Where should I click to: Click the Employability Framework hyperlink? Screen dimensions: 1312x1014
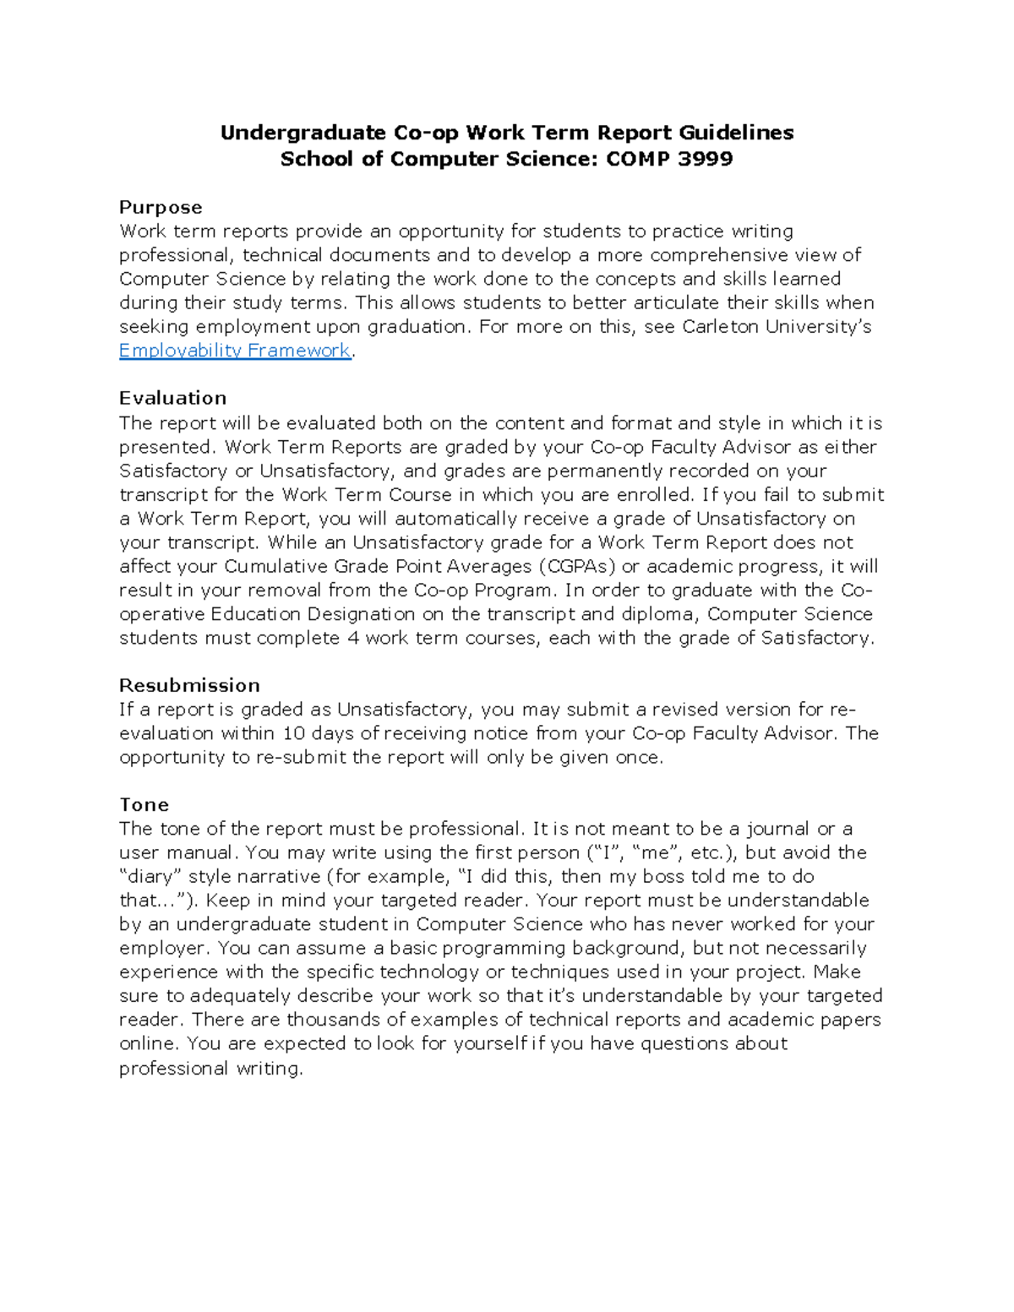click(234, 351)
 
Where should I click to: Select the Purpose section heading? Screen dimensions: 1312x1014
click(161, 207)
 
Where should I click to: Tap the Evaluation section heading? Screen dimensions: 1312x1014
click(172, 398)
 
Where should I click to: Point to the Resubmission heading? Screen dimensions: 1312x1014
click(189, 685)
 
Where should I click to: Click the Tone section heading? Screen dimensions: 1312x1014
click(144, 804)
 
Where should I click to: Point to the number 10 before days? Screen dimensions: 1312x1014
click(293, 733)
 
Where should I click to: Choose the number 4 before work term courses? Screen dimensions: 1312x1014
click(353, 638)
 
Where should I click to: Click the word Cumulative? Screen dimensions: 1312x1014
click(275, 566)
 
